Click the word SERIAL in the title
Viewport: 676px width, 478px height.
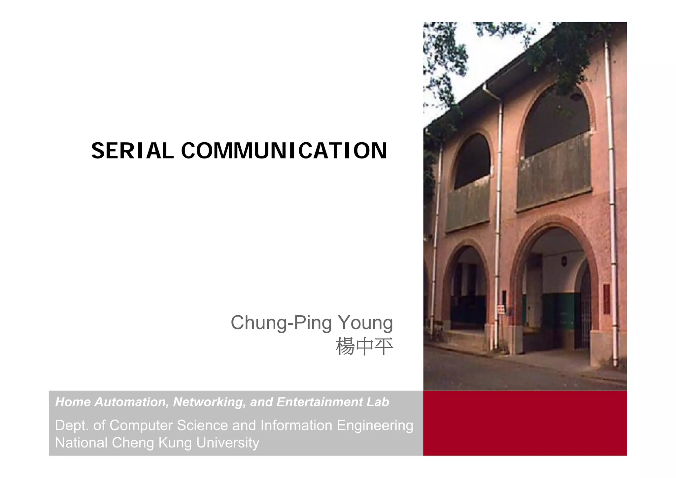coord(132,151)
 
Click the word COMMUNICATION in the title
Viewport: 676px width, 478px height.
coord(284,151)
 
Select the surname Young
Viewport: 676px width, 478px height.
coord(365,323)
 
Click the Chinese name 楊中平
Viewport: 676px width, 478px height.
coord(364,347)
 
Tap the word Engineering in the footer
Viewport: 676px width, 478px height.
coord(375,425)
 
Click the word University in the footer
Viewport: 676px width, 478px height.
coord(227,443)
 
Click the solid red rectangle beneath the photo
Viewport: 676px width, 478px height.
coord(525,423)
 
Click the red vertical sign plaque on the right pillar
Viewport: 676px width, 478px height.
coord(607,299)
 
